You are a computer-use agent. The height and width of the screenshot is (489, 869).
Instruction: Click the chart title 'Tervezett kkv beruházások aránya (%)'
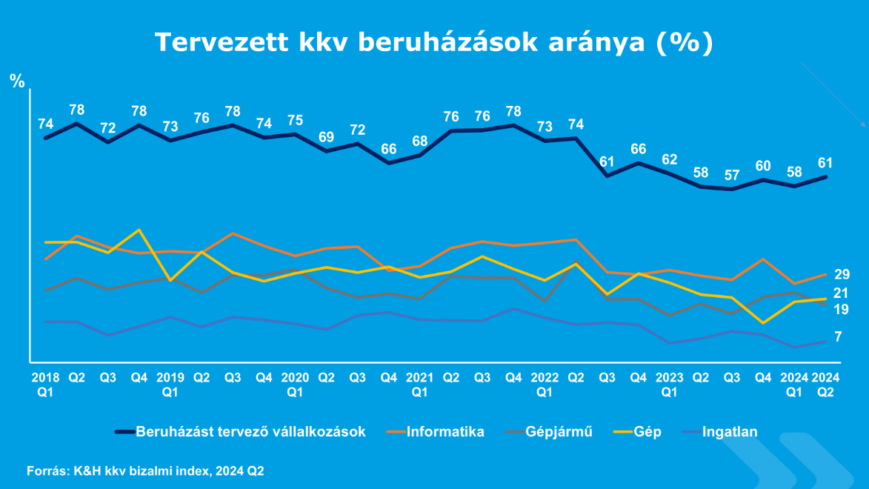[x=433, y=42]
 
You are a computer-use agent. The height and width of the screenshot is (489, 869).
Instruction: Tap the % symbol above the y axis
[x=17, y=81]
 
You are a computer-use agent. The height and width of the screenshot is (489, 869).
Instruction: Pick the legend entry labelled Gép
[x=647, y=431]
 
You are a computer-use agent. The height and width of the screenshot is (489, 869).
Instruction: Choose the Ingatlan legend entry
[x=729, y=431]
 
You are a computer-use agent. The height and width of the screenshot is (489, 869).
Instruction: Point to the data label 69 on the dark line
[x=326, y=137]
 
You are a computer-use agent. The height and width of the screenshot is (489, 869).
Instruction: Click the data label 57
[x=732, y=175]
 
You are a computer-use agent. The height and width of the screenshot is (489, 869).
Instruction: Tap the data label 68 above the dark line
[x=420, y=141]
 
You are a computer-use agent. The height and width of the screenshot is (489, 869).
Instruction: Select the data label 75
[x=295, y=121]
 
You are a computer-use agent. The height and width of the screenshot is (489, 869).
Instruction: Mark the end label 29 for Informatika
[x=842, y=274]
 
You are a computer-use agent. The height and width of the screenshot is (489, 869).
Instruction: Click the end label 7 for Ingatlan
[x=838, y=337]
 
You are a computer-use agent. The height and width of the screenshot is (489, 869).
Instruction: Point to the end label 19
[x=842, y=309]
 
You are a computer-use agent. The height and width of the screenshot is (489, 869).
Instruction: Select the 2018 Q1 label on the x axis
[x=45, y=384]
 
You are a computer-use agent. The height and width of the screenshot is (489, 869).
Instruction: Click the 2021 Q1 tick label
[x=420, y=384]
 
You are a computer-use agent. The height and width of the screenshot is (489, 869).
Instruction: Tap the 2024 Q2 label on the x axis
[x=825, y=384]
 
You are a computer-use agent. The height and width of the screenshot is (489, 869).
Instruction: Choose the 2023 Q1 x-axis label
[x=670, y=384]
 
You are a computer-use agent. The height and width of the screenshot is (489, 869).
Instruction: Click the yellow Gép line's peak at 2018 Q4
[x=139, y=230]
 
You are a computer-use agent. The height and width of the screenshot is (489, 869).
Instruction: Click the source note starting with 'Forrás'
[x=145, y=470]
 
